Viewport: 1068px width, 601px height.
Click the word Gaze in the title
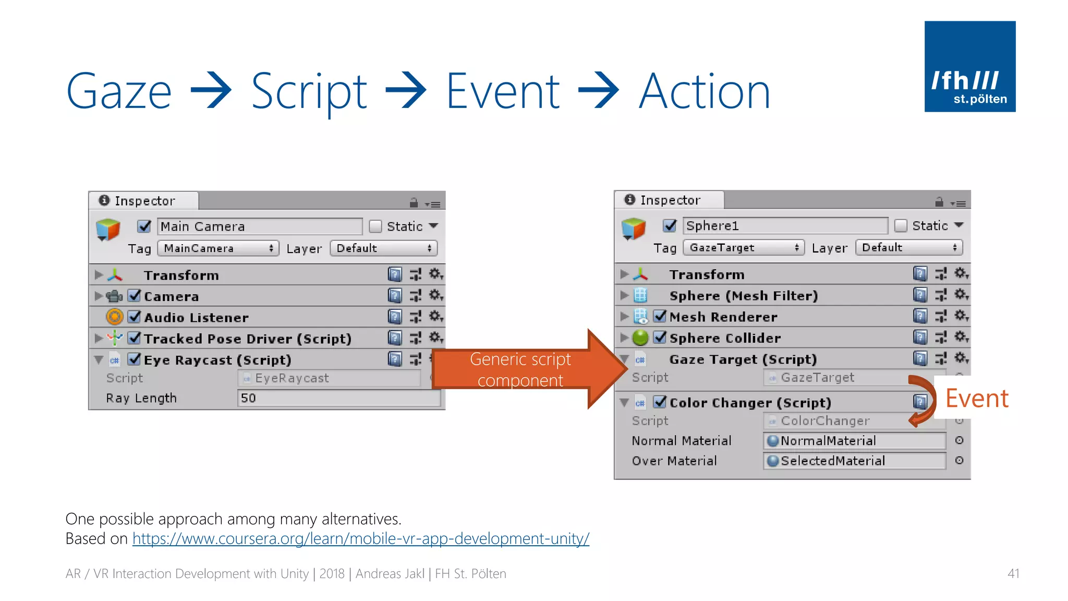tap(119, 92)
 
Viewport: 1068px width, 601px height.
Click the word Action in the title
tap(705, 92)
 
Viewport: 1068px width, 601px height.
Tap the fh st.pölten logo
tap(969, 66)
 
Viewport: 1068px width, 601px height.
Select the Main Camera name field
tap(259, 226)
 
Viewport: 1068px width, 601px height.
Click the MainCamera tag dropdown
tap(218, 248)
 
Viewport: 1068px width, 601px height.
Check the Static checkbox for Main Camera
tap(375, 226)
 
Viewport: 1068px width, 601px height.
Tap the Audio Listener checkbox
tap(135, 317)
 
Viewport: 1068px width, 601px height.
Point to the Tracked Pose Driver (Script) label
tap(248, 339)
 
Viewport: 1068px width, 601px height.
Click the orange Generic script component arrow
tap(527, 369)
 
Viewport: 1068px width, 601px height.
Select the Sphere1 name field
tap(785, 225)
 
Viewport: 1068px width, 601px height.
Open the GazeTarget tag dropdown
tap(744, 247)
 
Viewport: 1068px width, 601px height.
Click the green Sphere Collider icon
tap(640, 338)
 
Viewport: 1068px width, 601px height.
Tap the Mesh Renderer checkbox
tap(660, 316)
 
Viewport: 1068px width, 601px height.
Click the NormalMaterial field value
tap(854, 441)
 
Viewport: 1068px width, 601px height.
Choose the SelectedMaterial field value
tap(854, 461)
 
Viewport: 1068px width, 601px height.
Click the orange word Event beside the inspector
tap(977, 399)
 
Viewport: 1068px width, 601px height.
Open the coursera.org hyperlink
tap(361, 538)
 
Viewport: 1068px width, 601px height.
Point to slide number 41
tap(1013, 573)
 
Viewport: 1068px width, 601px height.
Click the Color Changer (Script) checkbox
tap(660, 402)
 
